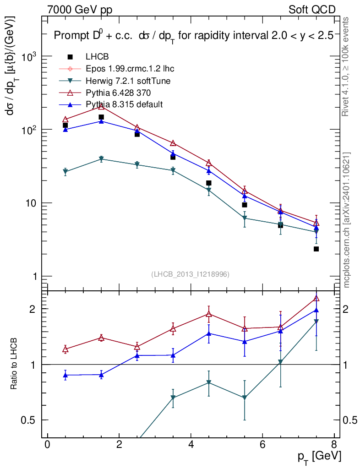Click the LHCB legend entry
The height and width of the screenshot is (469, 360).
pos(96,57)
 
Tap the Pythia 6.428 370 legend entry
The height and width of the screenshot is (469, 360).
pos(120,93)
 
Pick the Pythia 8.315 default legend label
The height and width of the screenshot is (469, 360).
pos(124,104)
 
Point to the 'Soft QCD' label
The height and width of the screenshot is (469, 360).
pos(312,10)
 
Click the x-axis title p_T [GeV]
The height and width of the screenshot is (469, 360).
pos(319,456)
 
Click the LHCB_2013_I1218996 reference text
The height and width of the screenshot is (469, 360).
pos(190,274)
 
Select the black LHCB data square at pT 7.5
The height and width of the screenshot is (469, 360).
pos(316,249)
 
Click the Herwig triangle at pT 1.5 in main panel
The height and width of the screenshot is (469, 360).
pos(101,159)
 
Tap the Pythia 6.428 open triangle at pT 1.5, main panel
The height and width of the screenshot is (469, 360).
pos(101,106)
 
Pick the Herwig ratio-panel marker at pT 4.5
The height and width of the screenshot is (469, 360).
pos(208,382)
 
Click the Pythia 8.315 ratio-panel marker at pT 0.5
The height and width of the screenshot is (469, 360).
pos(65,375)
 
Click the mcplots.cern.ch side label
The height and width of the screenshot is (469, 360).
pos(347,220)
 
